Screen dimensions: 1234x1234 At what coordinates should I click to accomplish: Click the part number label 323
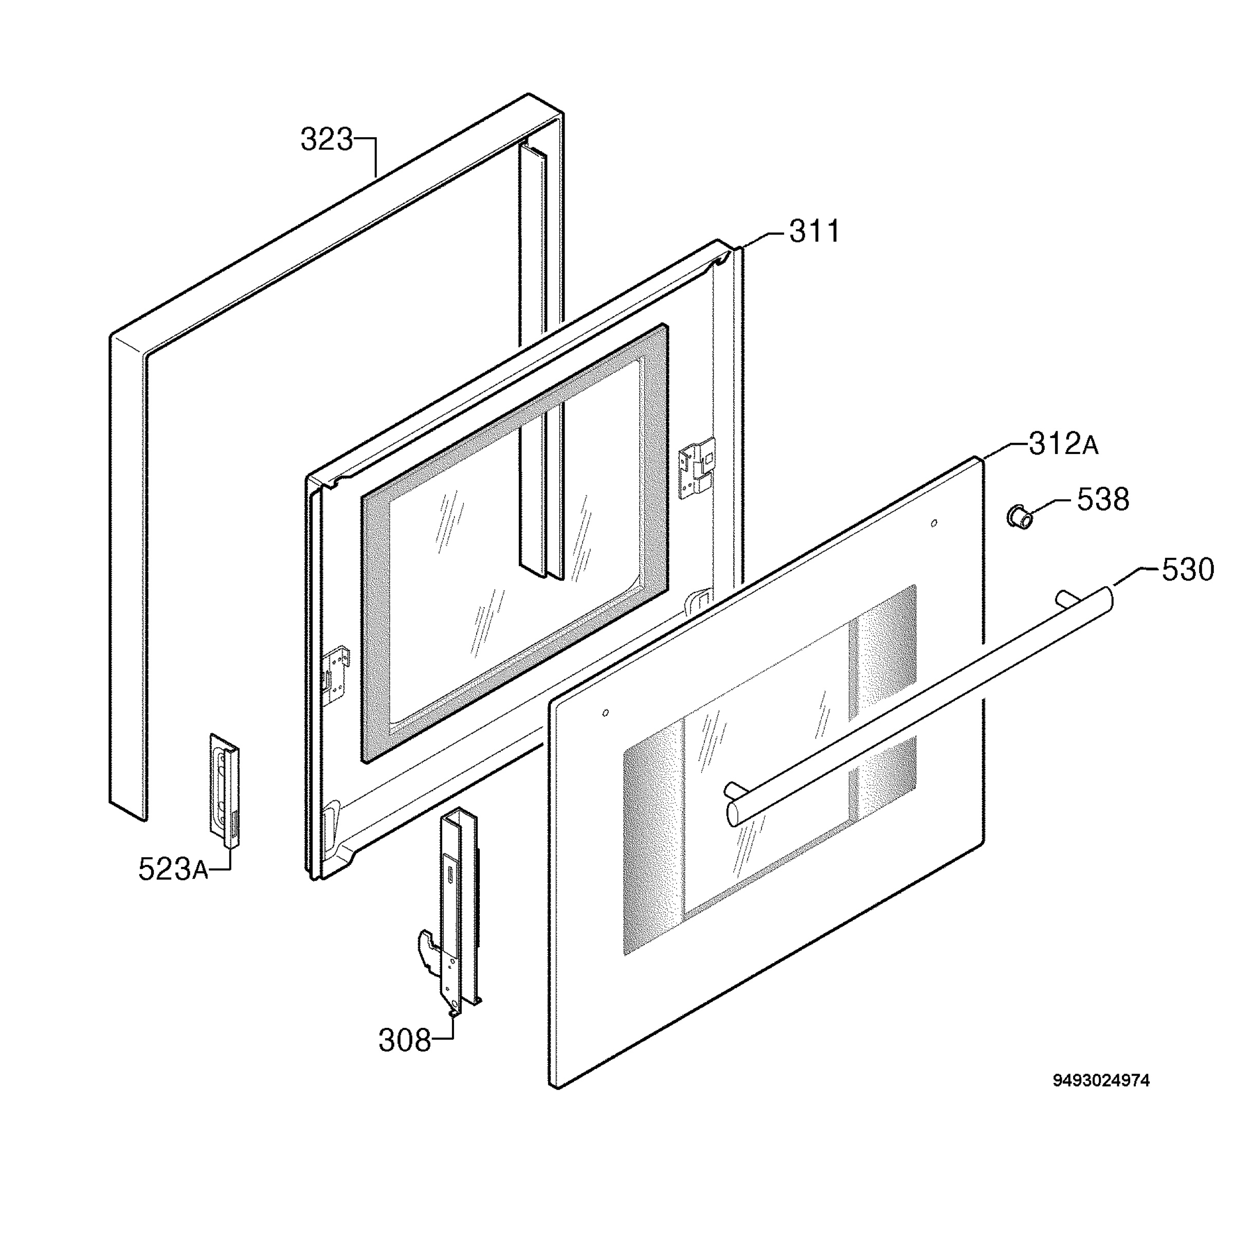pyautogui.click(x=326, y=140)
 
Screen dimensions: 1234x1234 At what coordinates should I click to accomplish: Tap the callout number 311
pyautogui.click(x=815, y=231)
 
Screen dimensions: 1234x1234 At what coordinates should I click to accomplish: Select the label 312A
pyautogui.click(x=1063, y=444)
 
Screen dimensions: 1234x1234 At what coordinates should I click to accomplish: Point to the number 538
pyautogui.click(x=1103, y=499)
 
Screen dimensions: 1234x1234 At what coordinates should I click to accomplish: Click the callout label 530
pyautogui.click(x=1187, y=569)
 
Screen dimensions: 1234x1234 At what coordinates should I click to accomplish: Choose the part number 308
pyautogui.click(x=405, y=1041)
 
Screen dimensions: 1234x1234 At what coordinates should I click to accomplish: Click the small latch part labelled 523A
pyautogui.click(x=224, y=791)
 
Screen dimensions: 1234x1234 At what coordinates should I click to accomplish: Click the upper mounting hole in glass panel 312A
pyautogui.click(x=934, y=523)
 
